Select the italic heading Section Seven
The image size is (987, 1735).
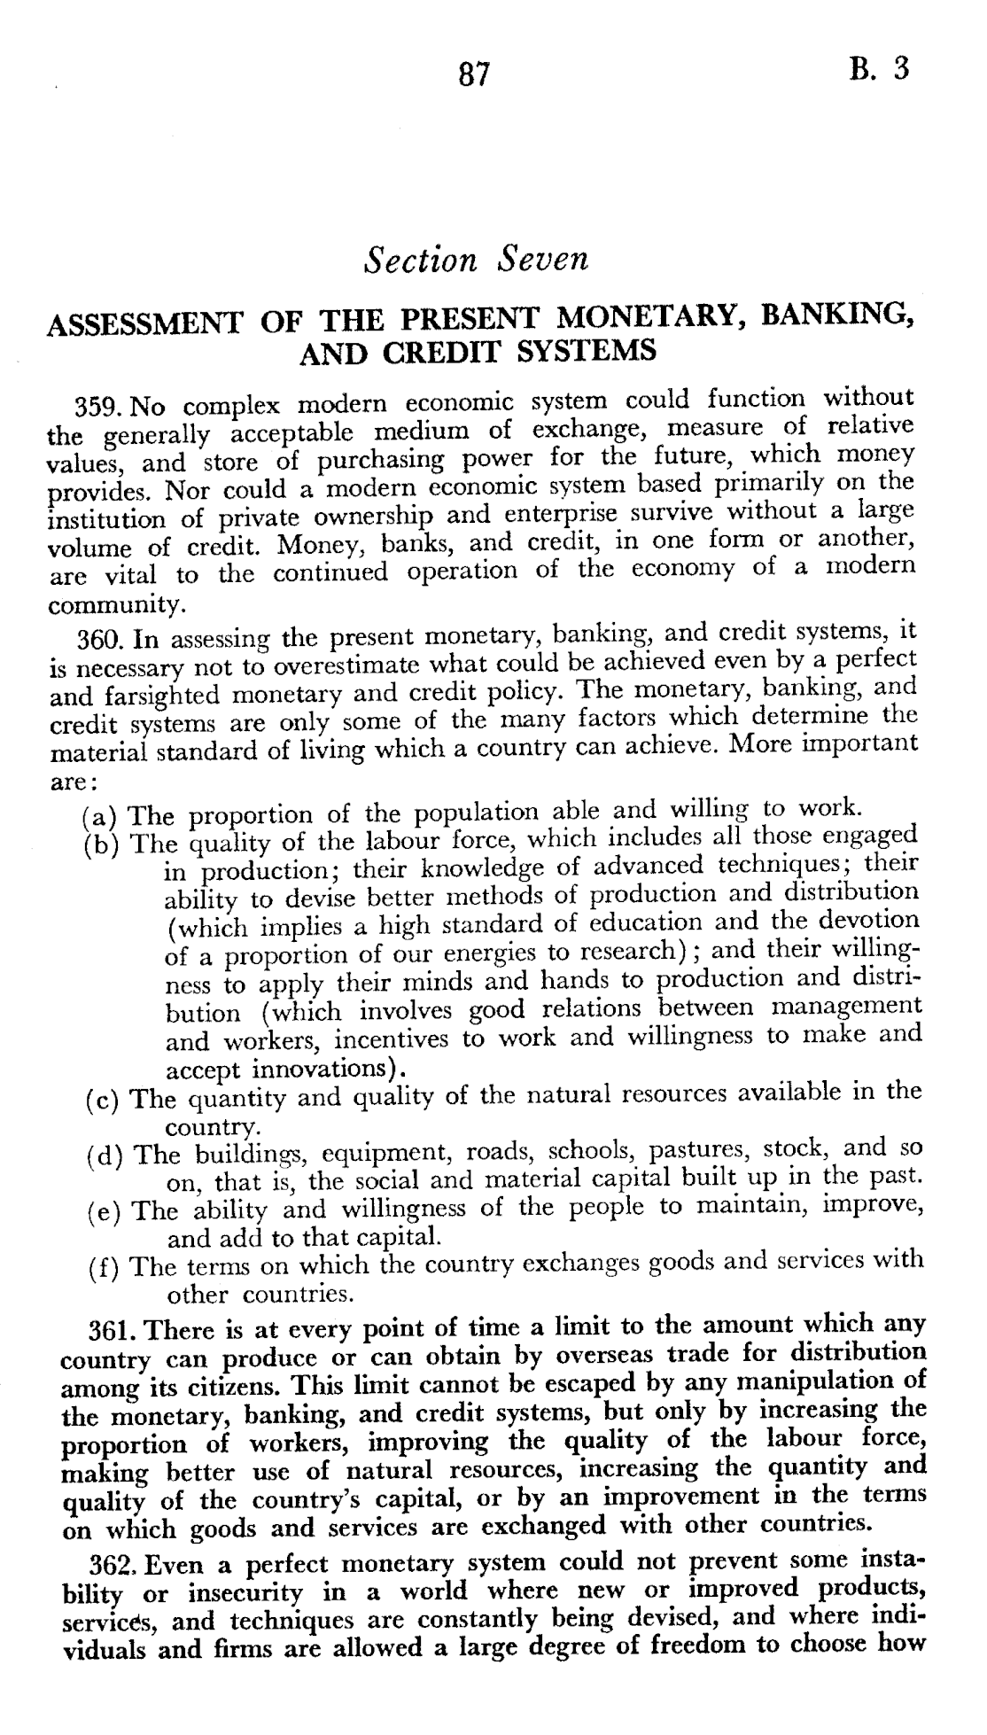pos(477,260)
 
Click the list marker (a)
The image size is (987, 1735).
pos(100,816)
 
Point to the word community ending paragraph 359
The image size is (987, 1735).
pos(115,606)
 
